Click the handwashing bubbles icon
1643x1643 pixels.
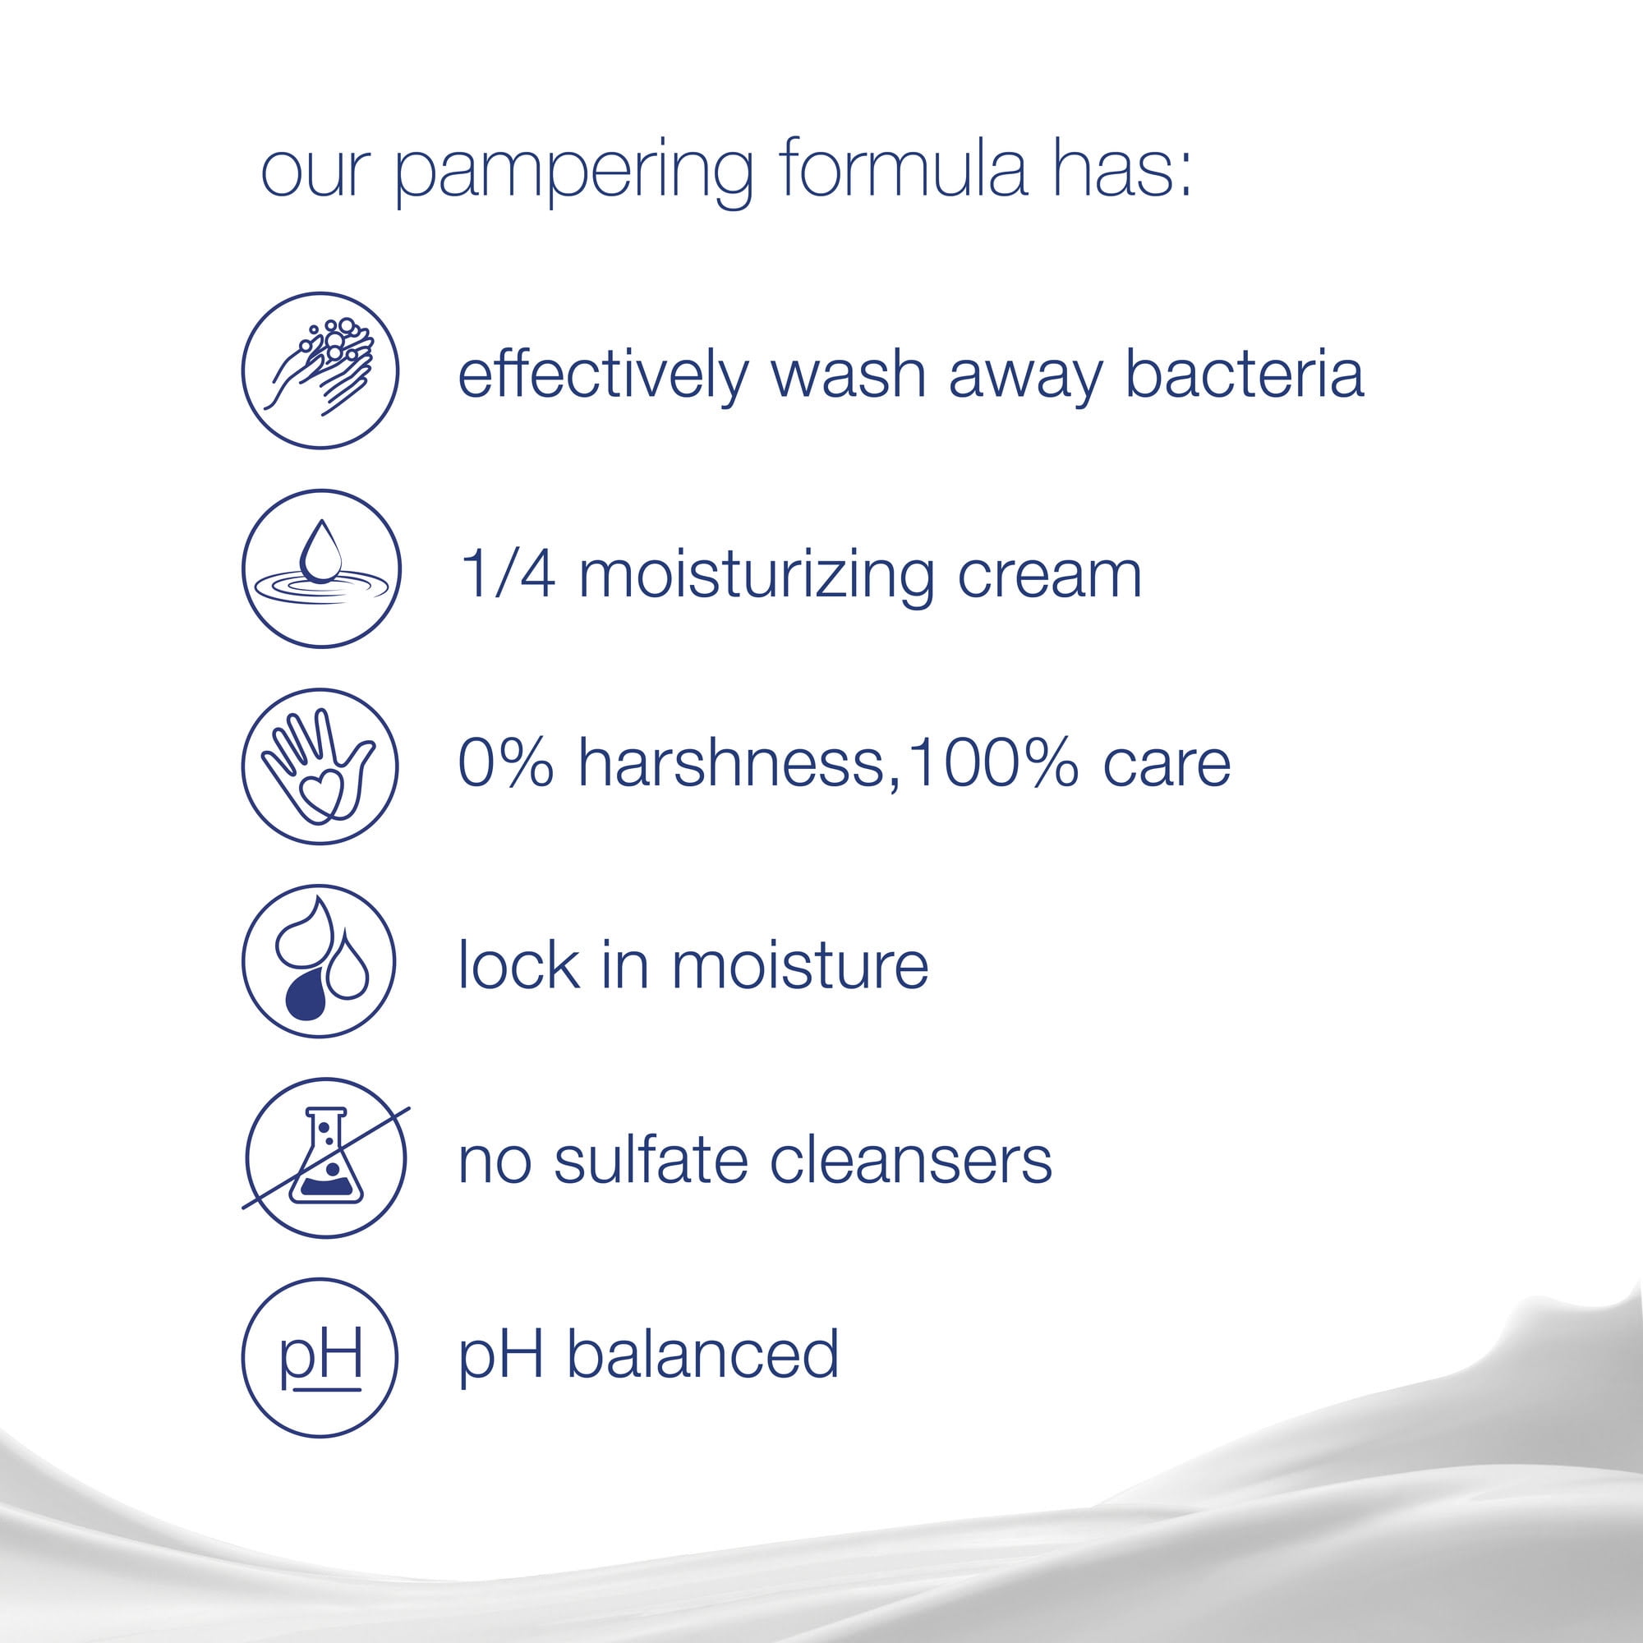click(320, 370)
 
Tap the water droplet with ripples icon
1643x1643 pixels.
click(320, 569)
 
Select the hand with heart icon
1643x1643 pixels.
click(320, 766)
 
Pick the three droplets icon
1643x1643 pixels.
click(319, 961)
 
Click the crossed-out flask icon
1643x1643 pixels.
click(323, 1157)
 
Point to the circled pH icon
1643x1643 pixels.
click(320, 1357)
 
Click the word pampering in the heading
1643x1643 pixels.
click(574, 174)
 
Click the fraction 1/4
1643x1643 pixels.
click(508, 574)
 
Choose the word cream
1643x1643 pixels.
click(1049, 578)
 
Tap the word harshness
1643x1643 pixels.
click(730, 763)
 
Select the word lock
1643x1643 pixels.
click(518, 964)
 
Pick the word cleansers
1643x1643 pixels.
click(911, 1160)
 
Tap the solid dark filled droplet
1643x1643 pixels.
click(306, 996)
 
